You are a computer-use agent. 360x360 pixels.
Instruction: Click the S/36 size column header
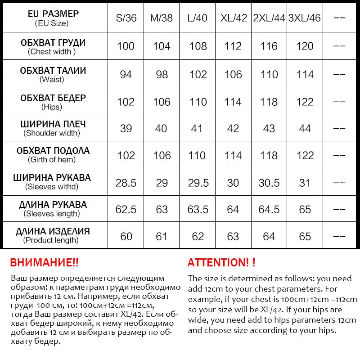coord(126,18)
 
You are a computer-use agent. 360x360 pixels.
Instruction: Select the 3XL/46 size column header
coord(304,18)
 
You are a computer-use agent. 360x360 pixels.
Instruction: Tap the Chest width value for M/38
coord(162,46)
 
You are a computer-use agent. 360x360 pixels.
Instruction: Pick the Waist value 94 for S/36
coord(126,74)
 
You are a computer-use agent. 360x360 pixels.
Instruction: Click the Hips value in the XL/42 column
coord(233,102)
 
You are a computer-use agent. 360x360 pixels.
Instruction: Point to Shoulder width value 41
coord(197,129)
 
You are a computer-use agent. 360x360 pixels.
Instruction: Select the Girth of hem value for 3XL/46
coord(305,156)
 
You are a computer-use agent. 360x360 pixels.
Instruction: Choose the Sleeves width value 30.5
coord(269,183)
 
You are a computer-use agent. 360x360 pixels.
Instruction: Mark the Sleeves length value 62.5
coord(126,210)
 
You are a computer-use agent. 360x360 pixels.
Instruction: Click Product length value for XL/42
coord(233,236)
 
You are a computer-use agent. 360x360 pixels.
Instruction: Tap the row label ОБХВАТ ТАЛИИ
coord(53,71)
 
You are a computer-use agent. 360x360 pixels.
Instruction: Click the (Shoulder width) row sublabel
coord(52,133)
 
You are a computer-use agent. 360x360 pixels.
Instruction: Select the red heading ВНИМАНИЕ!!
coord(44,263)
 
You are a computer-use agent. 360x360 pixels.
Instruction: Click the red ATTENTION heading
coord(221,263)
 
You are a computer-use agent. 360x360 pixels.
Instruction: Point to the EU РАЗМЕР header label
coord(53,14)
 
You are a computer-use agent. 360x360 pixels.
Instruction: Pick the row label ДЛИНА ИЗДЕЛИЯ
coord(53,232)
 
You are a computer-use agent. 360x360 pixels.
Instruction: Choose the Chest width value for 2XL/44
coord(269,46)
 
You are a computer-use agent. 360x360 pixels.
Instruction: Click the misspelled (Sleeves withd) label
coord(52,186)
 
